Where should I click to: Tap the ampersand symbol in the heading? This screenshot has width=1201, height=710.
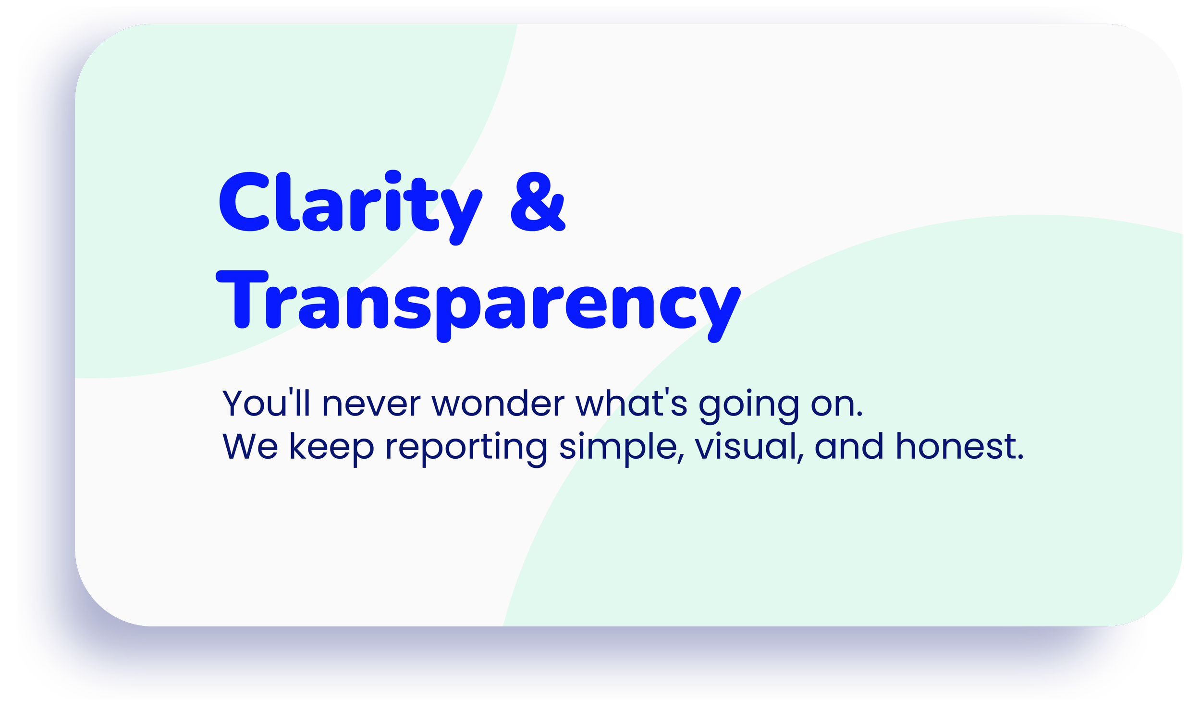[538, 202]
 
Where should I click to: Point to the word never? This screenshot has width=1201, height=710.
[371, 404]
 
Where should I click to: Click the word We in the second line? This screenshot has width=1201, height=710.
[250, 447]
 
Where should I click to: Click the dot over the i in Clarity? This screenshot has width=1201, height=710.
[393, 177]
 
